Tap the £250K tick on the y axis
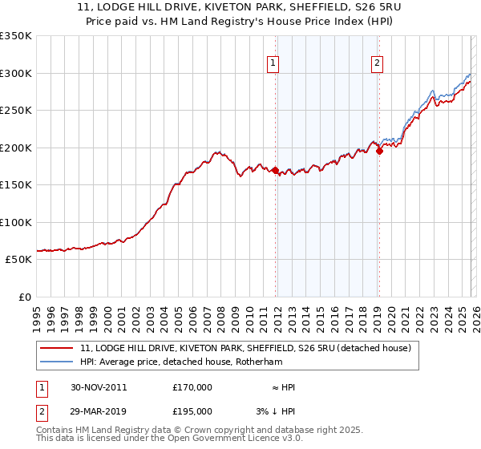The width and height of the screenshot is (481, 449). (x=16, y=110)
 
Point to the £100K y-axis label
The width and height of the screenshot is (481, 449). (x=16, y=222)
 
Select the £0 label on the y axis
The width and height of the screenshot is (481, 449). (x=24, y=297)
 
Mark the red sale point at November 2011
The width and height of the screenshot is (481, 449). (x=276, y=170)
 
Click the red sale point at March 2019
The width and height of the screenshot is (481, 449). (x=379, y=152)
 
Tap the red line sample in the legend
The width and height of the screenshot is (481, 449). (x=57, y=348)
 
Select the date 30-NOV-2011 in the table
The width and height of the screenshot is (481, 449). (x=99, y=387)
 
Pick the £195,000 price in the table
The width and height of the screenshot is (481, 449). (x=192, y=411)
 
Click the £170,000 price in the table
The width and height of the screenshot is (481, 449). (x=192, y=387)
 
